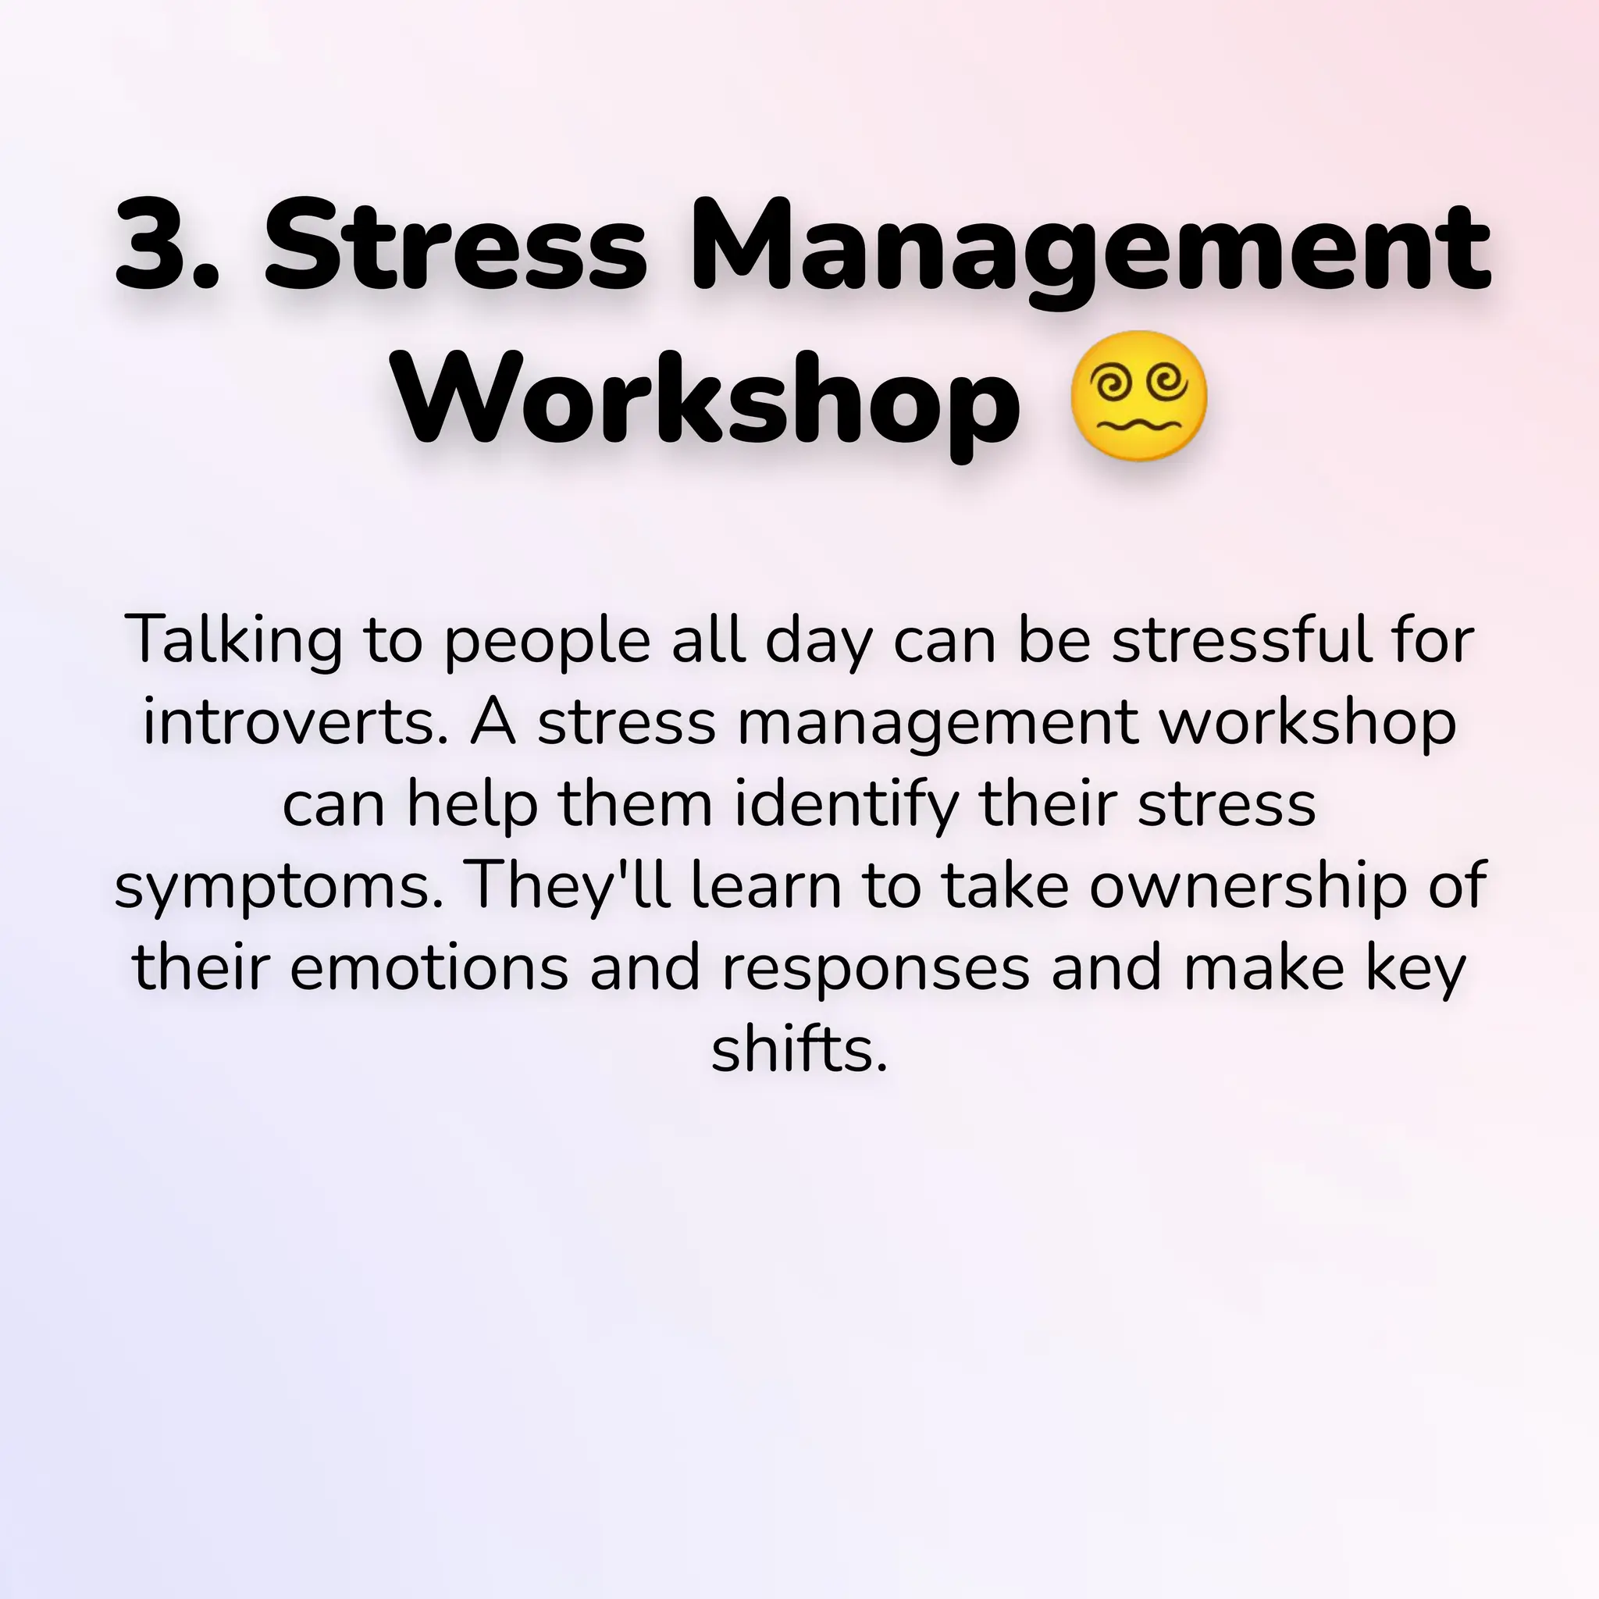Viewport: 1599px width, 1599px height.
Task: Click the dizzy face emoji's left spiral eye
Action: pyautogui.click(x=1109, y=384)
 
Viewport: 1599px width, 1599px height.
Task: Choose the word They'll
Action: pyautogui.click(x=568, y=885)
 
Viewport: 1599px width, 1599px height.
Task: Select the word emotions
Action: pyautogui.click(x=429, y=967)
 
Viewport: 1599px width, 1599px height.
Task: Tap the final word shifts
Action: pyautogui.click(x=798, y=1049)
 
